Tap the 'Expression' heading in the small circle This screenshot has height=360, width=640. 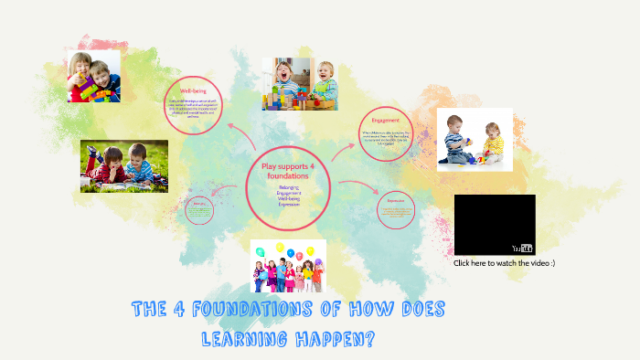coord(395,200)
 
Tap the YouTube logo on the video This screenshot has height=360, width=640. coord(523,248)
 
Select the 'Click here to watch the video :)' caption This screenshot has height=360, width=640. coord(504,263)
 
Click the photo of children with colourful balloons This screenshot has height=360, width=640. coord(288,266)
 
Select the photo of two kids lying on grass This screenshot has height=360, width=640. coord(123,165)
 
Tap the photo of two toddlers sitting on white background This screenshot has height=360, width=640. coord(474,139)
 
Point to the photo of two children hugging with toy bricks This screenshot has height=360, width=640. coord(93,75)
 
